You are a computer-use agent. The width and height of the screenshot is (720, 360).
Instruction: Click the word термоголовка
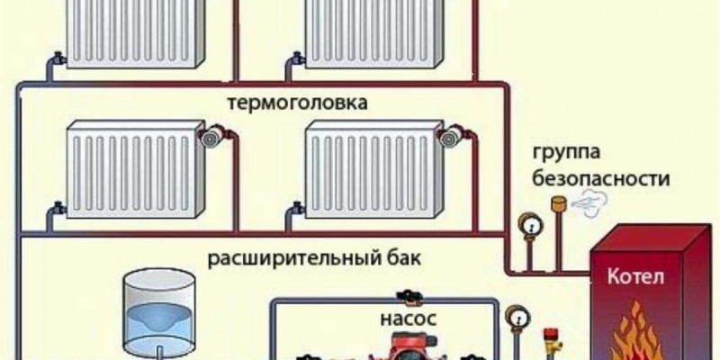tap(298, 103)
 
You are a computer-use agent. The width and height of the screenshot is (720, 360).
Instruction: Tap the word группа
tap(566, 152)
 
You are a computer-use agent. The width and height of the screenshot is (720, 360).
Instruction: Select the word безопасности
tap(600, 178)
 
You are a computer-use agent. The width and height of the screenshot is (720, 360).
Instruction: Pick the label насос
tap(409, 319)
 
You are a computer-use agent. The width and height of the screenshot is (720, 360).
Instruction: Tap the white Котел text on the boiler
tap(635, 278)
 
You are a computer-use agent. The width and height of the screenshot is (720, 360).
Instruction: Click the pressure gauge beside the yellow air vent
tap(530, 226)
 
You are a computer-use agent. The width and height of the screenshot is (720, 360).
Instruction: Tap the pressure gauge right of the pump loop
tap(517, 318)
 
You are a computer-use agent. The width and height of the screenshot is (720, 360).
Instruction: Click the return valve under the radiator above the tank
tap(58, 208)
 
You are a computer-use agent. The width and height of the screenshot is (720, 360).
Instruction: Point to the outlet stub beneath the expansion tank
tap(160, 353)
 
